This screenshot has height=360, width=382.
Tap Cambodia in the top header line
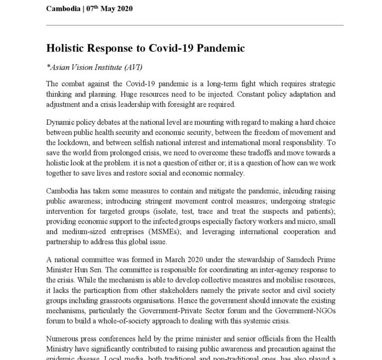[65, 9]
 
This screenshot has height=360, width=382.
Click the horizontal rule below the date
[195, 25]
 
